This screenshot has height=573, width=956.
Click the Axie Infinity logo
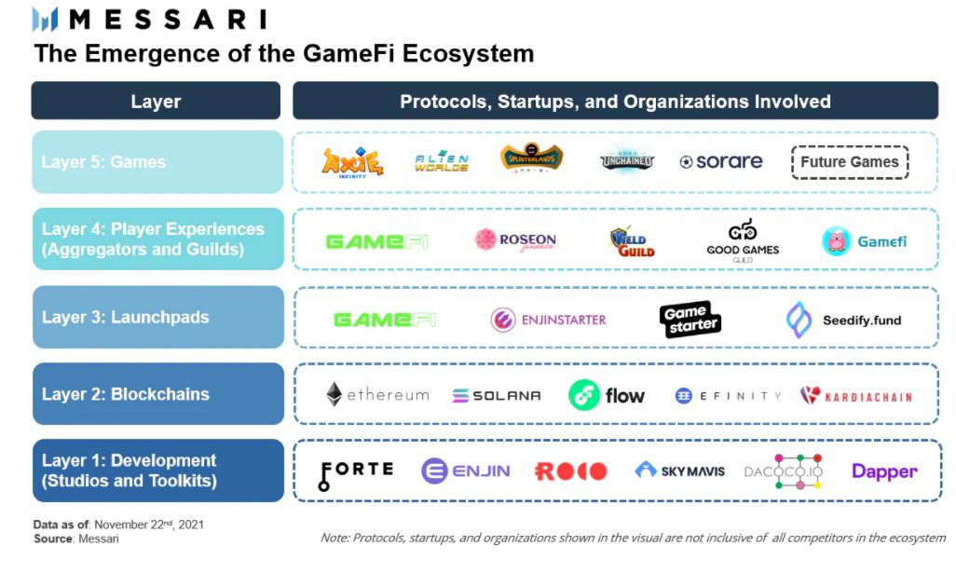(x=352, y=162)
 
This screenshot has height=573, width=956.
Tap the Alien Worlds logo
(x=441, y=162)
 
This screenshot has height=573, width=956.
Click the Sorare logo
(x=721, y=162)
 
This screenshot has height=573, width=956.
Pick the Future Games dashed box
(x=849, y=162)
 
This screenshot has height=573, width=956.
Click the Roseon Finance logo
(x=515, y=240)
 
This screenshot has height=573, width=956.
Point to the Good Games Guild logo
(x=743, y=240)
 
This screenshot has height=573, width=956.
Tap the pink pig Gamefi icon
(x=837, y=241)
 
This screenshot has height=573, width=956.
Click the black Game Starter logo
(x=690, y=320)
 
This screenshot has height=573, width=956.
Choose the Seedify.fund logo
(x=843, y=320)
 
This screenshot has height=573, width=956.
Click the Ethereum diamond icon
(x=334, y=394)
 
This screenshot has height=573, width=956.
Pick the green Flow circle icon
(x=583, y=395)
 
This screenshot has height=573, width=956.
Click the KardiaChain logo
(x=855, y=396)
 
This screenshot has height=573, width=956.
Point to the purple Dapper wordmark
(x=884, y=471)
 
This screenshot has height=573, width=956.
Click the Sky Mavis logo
(x=679, y=471)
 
